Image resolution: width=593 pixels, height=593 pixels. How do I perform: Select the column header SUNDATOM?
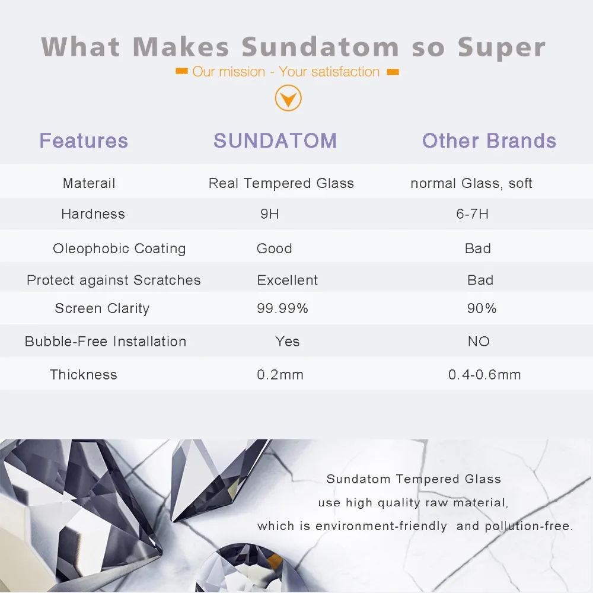tap(275, 141)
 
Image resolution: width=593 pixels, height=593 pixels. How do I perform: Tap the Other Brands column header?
tap(489, 141)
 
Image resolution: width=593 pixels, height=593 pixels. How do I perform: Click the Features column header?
tap(84, 141)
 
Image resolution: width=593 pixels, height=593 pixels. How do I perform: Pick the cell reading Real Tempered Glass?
tap(281, 183)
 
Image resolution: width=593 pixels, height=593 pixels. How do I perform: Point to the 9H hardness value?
tap(269, 214)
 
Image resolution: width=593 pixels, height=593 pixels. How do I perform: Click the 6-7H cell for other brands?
tap(473, 214)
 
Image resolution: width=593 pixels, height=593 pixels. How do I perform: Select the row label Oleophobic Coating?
tap(119, 248)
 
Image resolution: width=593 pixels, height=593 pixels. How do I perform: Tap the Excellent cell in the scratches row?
tap(288, 280)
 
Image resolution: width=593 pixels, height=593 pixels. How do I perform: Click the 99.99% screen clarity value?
tap(282, 308)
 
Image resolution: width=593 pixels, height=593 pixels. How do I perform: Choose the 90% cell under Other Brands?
tap(482, 308)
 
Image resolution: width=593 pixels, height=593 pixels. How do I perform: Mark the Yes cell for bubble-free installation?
tap(288, 342)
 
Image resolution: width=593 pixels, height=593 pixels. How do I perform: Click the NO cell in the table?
tap(479, 342)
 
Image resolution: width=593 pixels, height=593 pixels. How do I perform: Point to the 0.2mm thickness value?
tap(280, 375)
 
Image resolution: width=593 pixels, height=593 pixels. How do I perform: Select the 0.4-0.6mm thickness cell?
tap(484, 375)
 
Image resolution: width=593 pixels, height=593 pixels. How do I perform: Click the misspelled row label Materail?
tap(89, 183)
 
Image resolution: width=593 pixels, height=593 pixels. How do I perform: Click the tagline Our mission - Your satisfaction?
tap(286, 72)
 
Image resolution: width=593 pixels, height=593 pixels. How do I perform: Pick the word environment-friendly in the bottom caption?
tap(381, 526)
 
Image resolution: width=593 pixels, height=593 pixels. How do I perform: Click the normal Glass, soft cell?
tap(471, 183)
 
